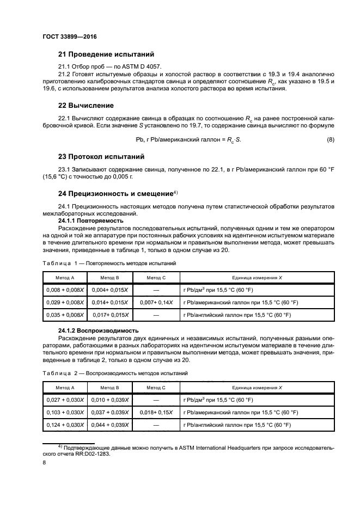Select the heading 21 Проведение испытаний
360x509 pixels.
point(106,54)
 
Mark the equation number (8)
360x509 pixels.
point(330,140)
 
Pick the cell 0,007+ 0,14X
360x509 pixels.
point(156,303)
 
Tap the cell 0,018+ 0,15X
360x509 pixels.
point(156,413)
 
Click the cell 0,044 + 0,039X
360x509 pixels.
point(111,425)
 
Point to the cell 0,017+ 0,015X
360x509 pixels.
point(111,315)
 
